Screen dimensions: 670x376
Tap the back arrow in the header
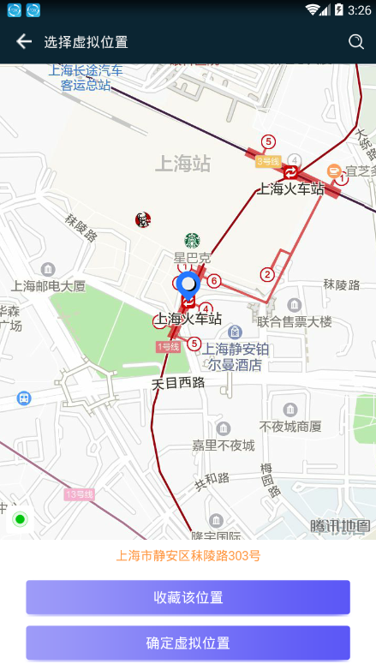pos(24,41)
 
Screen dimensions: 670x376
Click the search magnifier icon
pos(356,41)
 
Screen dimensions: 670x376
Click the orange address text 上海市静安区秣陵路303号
pos(188,555)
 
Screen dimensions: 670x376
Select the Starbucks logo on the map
pos(192,241)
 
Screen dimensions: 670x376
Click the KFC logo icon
pos(142,220)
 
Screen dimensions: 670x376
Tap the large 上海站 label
pos(182,164)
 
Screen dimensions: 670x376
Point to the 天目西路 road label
pos(178,382)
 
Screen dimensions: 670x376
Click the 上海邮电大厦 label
pos(49,286)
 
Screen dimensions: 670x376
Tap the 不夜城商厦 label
pos(290,426)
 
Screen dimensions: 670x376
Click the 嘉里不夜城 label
pos(223,446)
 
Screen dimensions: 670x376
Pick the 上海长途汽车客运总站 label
pos(86,77)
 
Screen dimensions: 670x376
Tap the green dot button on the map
pos(20,519)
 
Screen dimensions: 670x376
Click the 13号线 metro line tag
pos(79,494)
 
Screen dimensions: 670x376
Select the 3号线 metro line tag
pos(268,160)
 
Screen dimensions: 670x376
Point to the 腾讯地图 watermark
pos(340,526)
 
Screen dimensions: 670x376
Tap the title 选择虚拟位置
pos(86,42)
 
